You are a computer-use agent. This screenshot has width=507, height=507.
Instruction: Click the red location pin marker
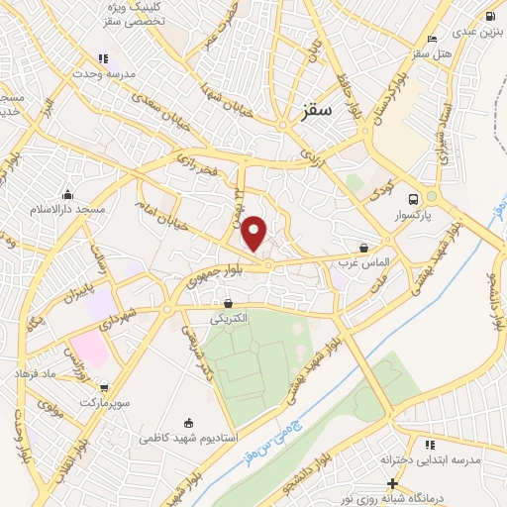(x=254, y=234)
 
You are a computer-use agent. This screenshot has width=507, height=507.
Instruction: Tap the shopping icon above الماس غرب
(x=364, y=247)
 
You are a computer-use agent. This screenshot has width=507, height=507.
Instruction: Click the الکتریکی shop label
(x=230, y=319)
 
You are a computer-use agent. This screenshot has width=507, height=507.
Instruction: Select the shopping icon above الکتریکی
(x=229, y=303)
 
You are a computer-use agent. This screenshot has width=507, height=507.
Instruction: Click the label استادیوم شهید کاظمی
(x=187, y=437)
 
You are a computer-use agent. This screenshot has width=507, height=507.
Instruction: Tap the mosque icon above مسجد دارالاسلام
(x=67, y=194)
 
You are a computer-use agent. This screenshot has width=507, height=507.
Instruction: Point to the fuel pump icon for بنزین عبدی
(x=490, y=15)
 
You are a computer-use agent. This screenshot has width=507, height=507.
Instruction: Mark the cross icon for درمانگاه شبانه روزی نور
(x=393, y=484)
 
